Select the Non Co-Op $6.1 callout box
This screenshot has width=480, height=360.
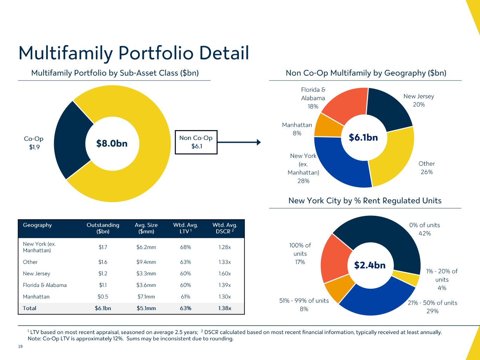tap(196, 142)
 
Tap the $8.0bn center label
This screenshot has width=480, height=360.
tap(112, 143)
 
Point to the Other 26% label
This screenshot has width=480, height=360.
tap(427, 168)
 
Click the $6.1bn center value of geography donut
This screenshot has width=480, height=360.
tap(363, 137)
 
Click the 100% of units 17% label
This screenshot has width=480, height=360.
tap(300, 253)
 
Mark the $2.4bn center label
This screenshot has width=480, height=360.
tap(370, 265)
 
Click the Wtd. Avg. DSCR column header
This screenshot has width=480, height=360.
tap(225, 228)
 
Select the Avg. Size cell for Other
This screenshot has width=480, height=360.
tap(146, 262)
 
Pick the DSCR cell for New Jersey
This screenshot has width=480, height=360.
tap(225, 274)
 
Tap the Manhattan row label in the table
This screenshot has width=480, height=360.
tap(36, 297)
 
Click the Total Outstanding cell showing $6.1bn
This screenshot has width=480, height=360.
tap(103, 308)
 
